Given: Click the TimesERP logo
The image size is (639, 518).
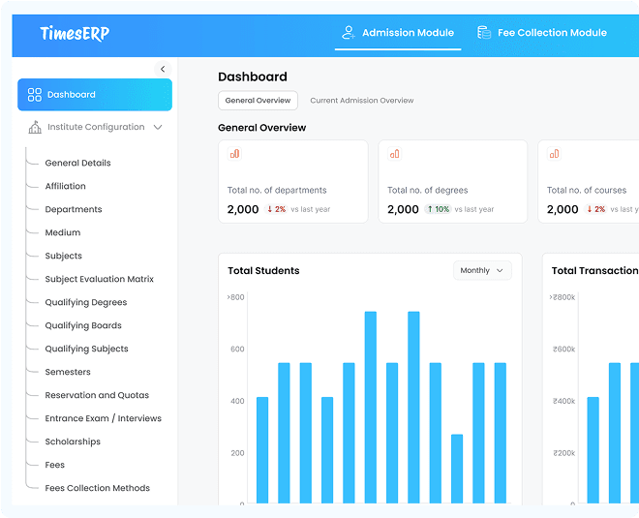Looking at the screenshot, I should (x=75, y=33).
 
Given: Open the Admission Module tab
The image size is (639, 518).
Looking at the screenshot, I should (x=398, y=33).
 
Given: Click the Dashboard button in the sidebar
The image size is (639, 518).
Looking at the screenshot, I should (x=95, y=95).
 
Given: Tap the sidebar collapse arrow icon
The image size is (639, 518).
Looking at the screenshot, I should (x=163, y=69).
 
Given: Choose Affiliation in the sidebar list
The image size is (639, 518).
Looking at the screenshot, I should (x=65, y=186).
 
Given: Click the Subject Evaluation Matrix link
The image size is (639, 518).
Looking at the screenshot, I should (x=99, y=279).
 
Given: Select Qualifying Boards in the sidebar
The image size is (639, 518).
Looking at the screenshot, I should (x=82, y=325).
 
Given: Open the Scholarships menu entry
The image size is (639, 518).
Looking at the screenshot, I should (x=73, y=442).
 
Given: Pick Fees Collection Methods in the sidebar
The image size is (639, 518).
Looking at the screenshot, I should (x=97, y=488).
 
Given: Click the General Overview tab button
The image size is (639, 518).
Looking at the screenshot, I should (x=258, y=101).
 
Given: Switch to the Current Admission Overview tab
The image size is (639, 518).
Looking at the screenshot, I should (x=361, y=101).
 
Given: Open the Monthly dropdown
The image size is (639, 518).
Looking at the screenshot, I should (x=481, y=271).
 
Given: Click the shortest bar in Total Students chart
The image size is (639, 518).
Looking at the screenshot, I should (x=456, y=469).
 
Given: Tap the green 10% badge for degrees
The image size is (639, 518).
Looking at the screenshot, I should (x=437, y=209).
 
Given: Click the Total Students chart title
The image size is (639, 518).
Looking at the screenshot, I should (x=263, y=271).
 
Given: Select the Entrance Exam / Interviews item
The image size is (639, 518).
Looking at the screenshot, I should (x=103, y=418).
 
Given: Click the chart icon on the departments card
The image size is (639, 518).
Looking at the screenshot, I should (x=234, y=154).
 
